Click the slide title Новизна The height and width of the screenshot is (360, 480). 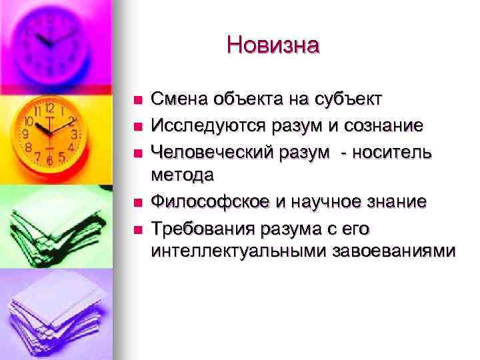(x=273, y=45)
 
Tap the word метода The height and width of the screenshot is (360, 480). (x=183, y=175)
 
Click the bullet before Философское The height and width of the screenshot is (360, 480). (x=137, y=201)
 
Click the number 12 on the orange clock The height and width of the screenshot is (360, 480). (x=49, y=109)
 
